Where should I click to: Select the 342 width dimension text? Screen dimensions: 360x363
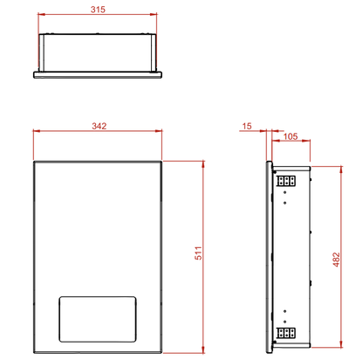coord(98,126)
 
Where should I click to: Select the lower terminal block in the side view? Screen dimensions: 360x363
coord(286,333)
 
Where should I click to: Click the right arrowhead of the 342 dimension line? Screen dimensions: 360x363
coord(160,133)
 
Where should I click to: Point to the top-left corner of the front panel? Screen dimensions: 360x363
coord(34,160)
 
